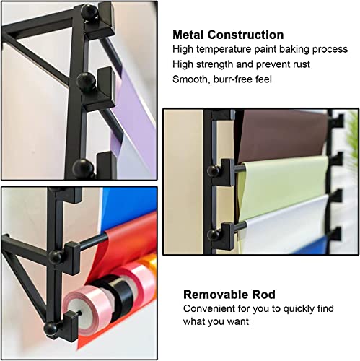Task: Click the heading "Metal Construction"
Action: (x=228, y=35)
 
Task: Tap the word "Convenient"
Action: (x=208, y=308)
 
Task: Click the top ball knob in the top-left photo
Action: (x=88, y=12)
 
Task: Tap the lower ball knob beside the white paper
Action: (x=215, y=232)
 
